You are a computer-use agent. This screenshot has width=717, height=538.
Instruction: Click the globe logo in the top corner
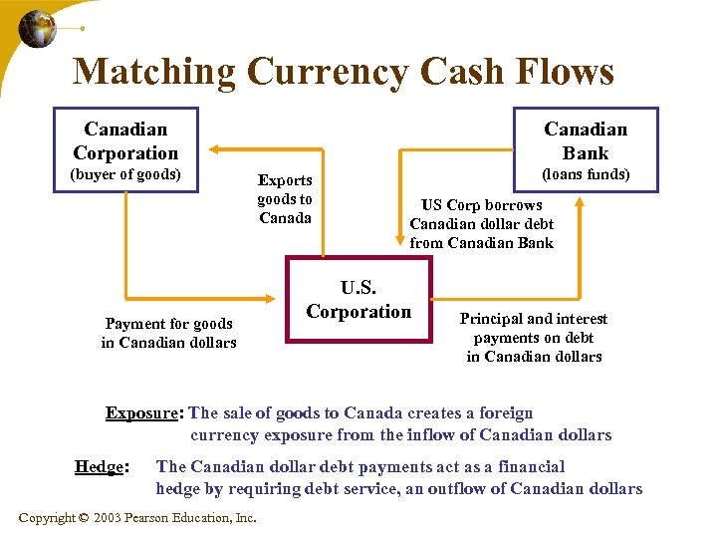click(38, 29)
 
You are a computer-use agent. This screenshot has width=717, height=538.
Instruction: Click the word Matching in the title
click(153, 72)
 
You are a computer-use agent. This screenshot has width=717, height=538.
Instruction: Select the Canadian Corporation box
click(125, 140)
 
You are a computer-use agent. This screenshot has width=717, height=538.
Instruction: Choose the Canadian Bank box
click(586, 140)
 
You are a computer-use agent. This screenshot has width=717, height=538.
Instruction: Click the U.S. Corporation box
click(358, 300)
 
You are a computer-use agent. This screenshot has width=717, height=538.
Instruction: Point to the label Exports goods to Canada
click(285, 199)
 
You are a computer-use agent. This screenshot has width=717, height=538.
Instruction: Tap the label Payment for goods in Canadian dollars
click(169, 333)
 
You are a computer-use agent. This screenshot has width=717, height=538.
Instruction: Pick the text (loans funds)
click(586, 175)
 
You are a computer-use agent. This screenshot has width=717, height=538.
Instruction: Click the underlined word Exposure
click(143, 413)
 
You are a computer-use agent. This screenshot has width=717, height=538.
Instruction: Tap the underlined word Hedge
click(100, 466)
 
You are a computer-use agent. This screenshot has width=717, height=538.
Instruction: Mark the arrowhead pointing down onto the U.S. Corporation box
click(400, 252)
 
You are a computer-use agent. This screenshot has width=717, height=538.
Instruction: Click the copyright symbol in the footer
click(84, 518)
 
